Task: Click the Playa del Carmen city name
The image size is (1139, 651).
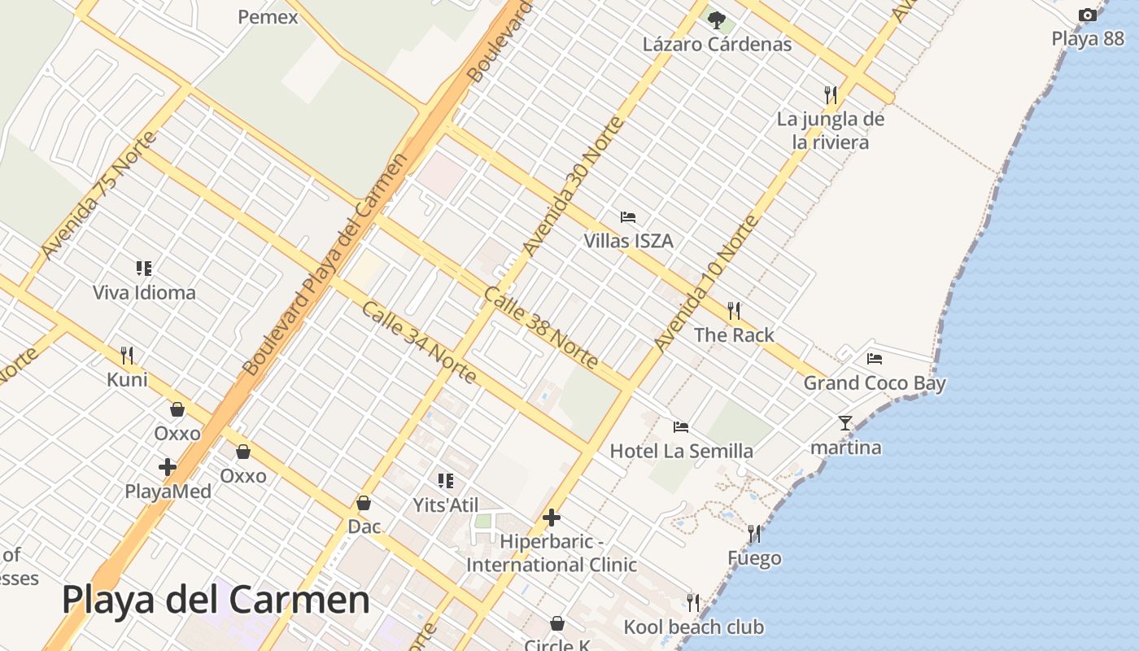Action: [x=216, y=601]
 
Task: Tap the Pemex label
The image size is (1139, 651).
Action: [x=268, y=16]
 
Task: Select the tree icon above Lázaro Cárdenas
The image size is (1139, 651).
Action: [x=716, y=20]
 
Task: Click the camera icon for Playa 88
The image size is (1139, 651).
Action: [x=1087, y=15]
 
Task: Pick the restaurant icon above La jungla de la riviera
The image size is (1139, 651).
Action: [x=830, y=94]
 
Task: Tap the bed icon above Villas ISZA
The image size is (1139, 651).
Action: [x=628, y=217]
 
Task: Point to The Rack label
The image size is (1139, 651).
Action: [x=734, y=334]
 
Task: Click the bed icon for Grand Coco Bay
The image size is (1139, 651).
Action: [x=875, y=358]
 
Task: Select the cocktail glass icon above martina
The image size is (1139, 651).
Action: [x=845, y=423]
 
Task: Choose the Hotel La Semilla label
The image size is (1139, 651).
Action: [x=681, y=451]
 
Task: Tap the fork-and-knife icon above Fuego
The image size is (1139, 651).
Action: [x=754, y=534]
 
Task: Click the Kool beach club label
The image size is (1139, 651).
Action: [x=693, y=627]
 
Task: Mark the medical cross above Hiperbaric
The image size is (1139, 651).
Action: [x=552, y=518]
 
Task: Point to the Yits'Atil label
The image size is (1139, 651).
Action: [x=445, y=505]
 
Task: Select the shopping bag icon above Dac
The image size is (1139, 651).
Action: [x=364, y=503]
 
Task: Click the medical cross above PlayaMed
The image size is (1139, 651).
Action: [x=168, y=467]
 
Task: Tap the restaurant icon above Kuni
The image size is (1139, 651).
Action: [x=127, y=355]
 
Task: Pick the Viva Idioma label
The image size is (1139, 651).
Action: [x=144, y=293]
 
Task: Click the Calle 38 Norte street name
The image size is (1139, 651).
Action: [x=540, y=328]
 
